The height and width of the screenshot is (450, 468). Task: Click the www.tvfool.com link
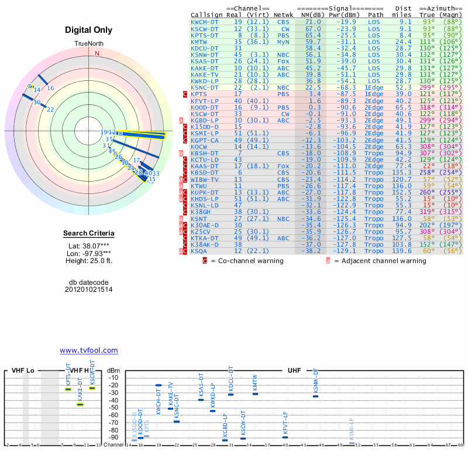88,350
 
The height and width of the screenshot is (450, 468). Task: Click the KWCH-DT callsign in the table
204,22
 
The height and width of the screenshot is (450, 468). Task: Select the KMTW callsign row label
199,42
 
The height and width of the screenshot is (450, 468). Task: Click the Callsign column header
207,15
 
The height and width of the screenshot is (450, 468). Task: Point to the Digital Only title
88,30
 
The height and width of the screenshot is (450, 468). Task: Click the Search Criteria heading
88,234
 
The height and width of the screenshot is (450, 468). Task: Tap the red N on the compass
98,53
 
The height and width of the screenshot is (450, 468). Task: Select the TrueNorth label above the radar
88,45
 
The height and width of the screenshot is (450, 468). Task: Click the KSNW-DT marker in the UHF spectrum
315,396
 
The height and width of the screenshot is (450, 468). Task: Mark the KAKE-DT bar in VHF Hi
80,404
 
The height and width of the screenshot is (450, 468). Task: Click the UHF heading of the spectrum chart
294,371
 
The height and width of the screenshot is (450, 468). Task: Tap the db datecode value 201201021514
88,289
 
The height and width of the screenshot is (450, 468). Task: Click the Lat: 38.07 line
88,246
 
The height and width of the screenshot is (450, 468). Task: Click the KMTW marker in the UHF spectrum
255,394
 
